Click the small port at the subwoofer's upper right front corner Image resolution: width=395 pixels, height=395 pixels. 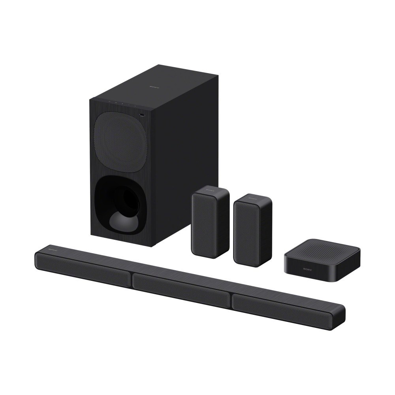point(142,115)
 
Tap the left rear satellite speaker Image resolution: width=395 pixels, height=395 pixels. point(210,224)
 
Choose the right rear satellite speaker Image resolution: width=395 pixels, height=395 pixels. point(253,229)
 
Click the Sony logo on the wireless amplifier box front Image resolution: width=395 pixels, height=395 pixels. point(307,269)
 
